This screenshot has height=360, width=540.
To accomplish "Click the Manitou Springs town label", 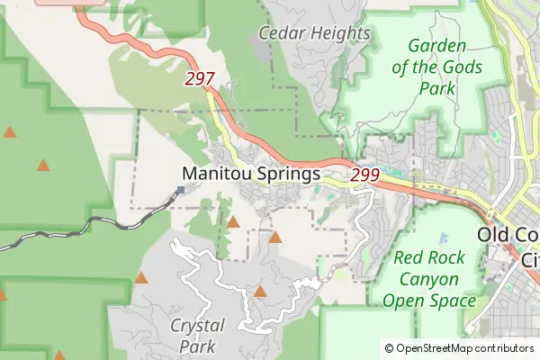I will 251,174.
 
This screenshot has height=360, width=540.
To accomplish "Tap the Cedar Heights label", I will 314,33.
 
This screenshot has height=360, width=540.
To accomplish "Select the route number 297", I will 199,79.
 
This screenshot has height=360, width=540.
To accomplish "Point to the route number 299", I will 364,175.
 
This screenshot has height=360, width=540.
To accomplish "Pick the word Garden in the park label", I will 436,46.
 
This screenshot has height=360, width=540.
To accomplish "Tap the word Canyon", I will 429,279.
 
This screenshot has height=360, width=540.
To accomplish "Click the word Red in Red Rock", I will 410,258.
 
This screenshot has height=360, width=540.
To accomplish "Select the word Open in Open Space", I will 403,301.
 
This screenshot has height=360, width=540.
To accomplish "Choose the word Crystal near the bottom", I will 197,325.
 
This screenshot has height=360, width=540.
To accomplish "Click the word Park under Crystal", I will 196,346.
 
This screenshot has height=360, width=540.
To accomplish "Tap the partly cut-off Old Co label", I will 509,235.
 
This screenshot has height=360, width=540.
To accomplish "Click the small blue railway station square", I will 180,190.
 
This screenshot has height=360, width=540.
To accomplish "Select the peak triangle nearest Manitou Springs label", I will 233,221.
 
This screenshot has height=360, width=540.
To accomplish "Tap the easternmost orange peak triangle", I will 275,238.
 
